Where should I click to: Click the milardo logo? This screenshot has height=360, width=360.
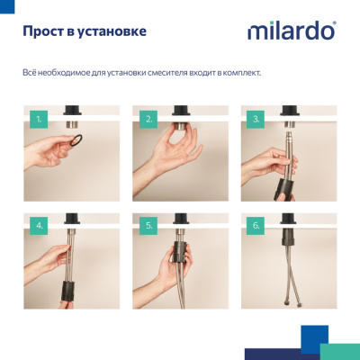pyautogui.click(x=291, y=31)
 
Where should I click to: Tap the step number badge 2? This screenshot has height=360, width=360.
pyautogui.click(x=148, y=117)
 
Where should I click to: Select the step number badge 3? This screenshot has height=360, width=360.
pyautogui.click(x=258, y=117)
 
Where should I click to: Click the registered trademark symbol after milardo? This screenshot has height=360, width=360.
pyautogui.click(x=335, y=24)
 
